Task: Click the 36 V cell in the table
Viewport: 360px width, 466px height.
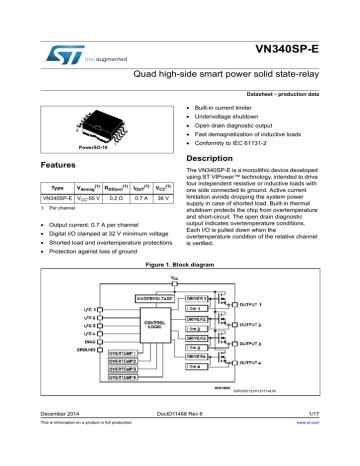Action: pos(169,201)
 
